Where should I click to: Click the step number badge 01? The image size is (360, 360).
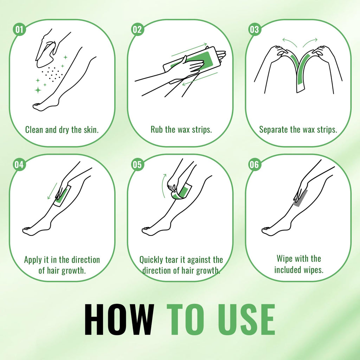(20, 30)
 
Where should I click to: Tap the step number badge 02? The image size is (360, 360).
(137, 30)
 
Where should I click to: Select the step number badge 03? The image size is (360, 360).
(255, 30)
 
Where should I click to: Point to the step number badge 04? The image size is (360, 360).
(20, 165)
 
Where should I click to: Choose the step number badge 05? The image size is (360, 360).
(137, 165)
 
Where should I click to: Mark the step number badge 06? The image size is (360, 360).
(255, 165)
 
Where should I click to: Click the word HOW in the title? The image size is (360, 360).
(119, 319)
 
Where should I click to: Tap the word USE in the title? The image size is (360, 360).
(246, 319)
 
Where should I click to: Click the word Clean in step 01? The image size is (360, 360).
(34, 130)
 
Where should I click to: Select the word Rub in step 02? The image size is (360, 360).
(156, 129)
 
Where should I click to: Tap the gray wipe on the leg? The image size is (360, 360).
(301, 198)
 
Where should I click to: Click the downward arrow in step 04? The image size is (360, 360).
(52, 191)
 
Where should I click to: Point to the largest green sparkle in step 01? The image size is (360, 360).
(38, 90)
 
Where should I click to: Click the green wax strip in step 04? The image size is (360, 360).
(62, 195)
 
